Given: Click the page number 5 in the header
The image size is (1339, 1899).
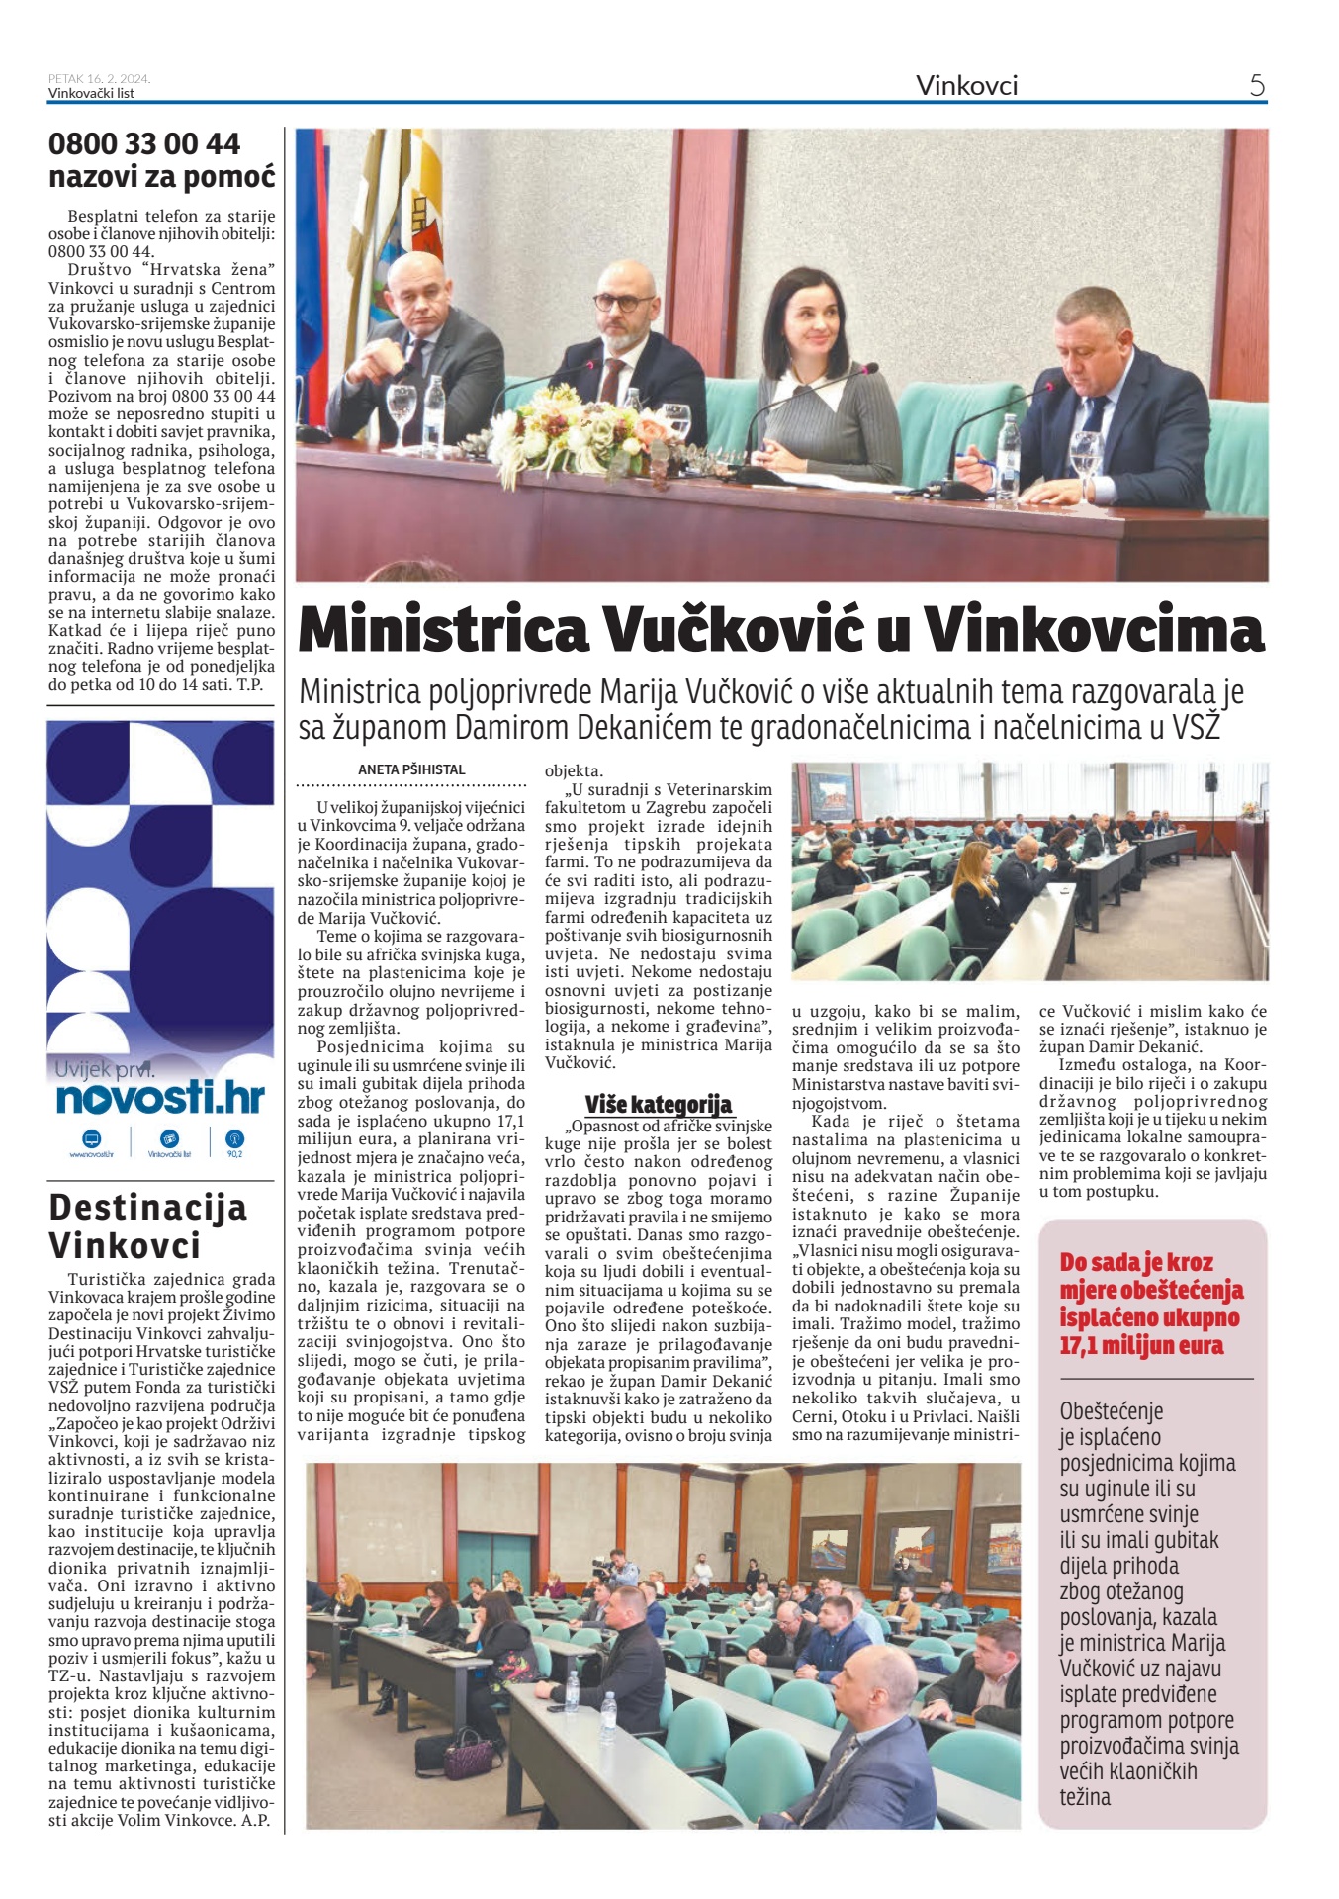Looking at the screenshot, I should coord(1257,85).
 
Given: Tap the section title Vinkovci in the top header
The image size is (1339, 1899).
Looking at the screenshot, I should coord(966,85).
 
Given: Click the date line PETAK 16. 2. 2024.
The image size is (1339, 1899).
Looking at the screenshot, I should coord(99,79).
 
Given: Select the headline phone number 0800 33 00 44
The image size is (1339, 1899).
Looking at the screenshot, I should coord(144,144).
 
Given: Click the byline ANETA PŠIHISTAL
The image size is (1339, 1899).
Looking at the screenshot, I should coord(411,769).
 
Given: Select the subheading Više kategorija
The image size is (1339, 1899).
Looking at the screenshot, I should coord(658,1104).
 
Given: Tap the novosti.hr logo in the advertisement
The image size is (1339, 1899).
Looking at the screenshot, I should coord(160,1098).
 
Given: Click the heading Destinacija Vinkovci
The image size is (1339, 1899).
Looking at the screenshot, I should coord(148,1226).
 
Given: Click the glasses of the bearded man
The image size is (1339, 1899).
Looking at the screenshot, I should coord(623,302).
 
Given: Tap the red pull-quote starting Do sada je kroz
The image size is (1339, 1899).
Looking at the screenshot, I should coord(1151,1303).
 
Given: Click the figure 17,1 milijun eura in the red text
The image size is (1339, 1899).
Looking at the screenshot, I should coord(1141,1346).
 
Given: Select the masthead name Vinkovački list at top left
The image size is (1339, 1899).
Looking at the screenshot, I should coord(91,94).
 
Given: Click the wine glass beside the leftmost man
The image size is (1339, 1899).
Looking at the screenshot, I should coord(402,408).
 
